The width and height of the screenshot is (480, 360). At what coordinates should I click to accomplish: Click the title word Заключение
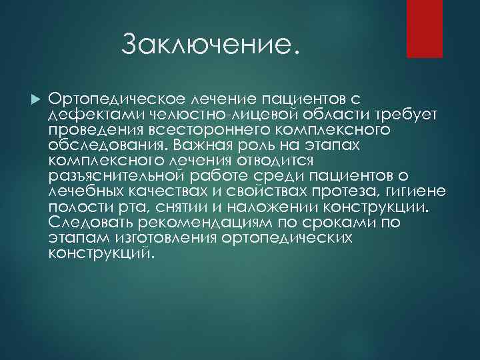click(x=207, y=45)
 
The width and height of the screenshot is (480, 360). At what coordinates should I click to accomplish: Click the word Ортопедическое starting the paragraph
click(x=113, y=99)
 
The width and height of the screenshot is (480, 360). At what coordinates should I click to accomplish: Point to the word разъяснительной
click(x=114, y=176)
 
